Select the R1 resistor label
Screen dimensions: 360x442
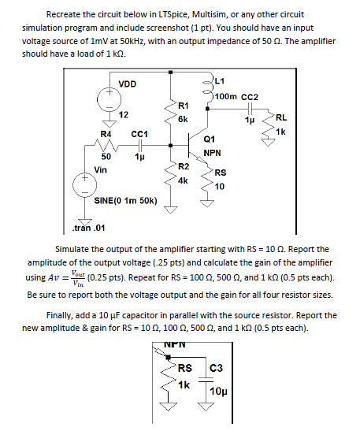click(x=183, y=105)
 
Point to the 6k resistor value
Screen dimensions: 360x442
click(x=183, y=119)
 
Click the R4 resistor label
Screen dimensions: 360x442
click(x=105, y=135)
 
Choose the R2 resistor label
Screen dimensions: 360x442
click(x=183, y=166)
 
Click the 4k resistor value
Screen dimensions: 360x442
click(x=183, y=180)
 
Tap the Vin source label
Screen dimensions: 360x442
click(x=101, y=169)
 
